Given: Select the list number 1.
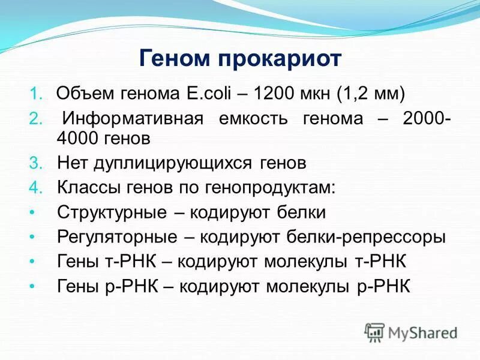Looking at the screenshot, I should [x=35, y=94].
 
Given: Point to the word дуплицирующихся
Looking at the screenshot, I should [x=173, y=163].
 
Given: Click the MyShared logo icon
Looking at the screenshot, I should [x=374, y=332].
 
